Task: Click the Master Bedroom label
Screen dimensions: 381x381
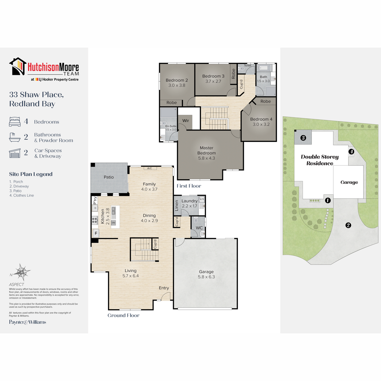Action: [206, 150]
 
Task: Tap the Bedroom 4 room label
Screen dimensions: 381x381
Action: [261, 119]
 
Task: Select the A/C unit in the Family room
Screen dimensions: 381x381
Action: [150, 168]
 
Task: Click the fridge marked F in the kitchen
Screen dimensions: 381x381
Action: [96, 233]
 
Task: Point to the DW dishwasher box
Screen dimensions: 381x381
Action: [113, 223]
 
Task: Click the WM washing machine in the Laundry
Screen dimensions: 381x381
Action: [202, 199]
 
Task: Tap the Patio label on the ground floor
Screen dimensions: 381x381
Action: [109, 177]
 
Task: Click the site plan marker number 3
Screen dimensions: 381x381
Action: [303, 137]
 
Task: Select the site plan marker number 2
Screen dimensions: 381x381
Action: [348, 225]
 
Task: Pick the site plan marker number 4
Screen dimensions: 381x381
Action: [351, 152]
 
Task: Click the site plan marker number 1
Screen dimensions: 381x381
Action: [328, 200]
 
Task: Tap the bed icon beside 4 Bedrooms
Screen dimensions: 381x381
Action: [15, 122]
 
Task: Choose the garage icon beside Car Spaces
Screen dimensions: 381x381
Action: [15, 153]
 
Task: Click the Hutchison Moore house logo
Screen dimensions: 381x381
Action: [18, 66]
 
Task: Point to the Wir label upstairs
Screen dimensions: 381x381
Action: [186, 121]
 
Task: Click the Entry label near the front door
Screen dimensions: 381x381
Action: [164, 288]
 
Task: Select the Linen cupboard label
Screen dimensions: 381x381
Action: [177, 205]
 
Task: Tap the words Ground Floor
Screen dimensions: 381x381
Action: [124, 315]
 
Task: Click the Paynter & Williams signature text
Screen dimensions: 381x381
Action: [28, 322]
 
